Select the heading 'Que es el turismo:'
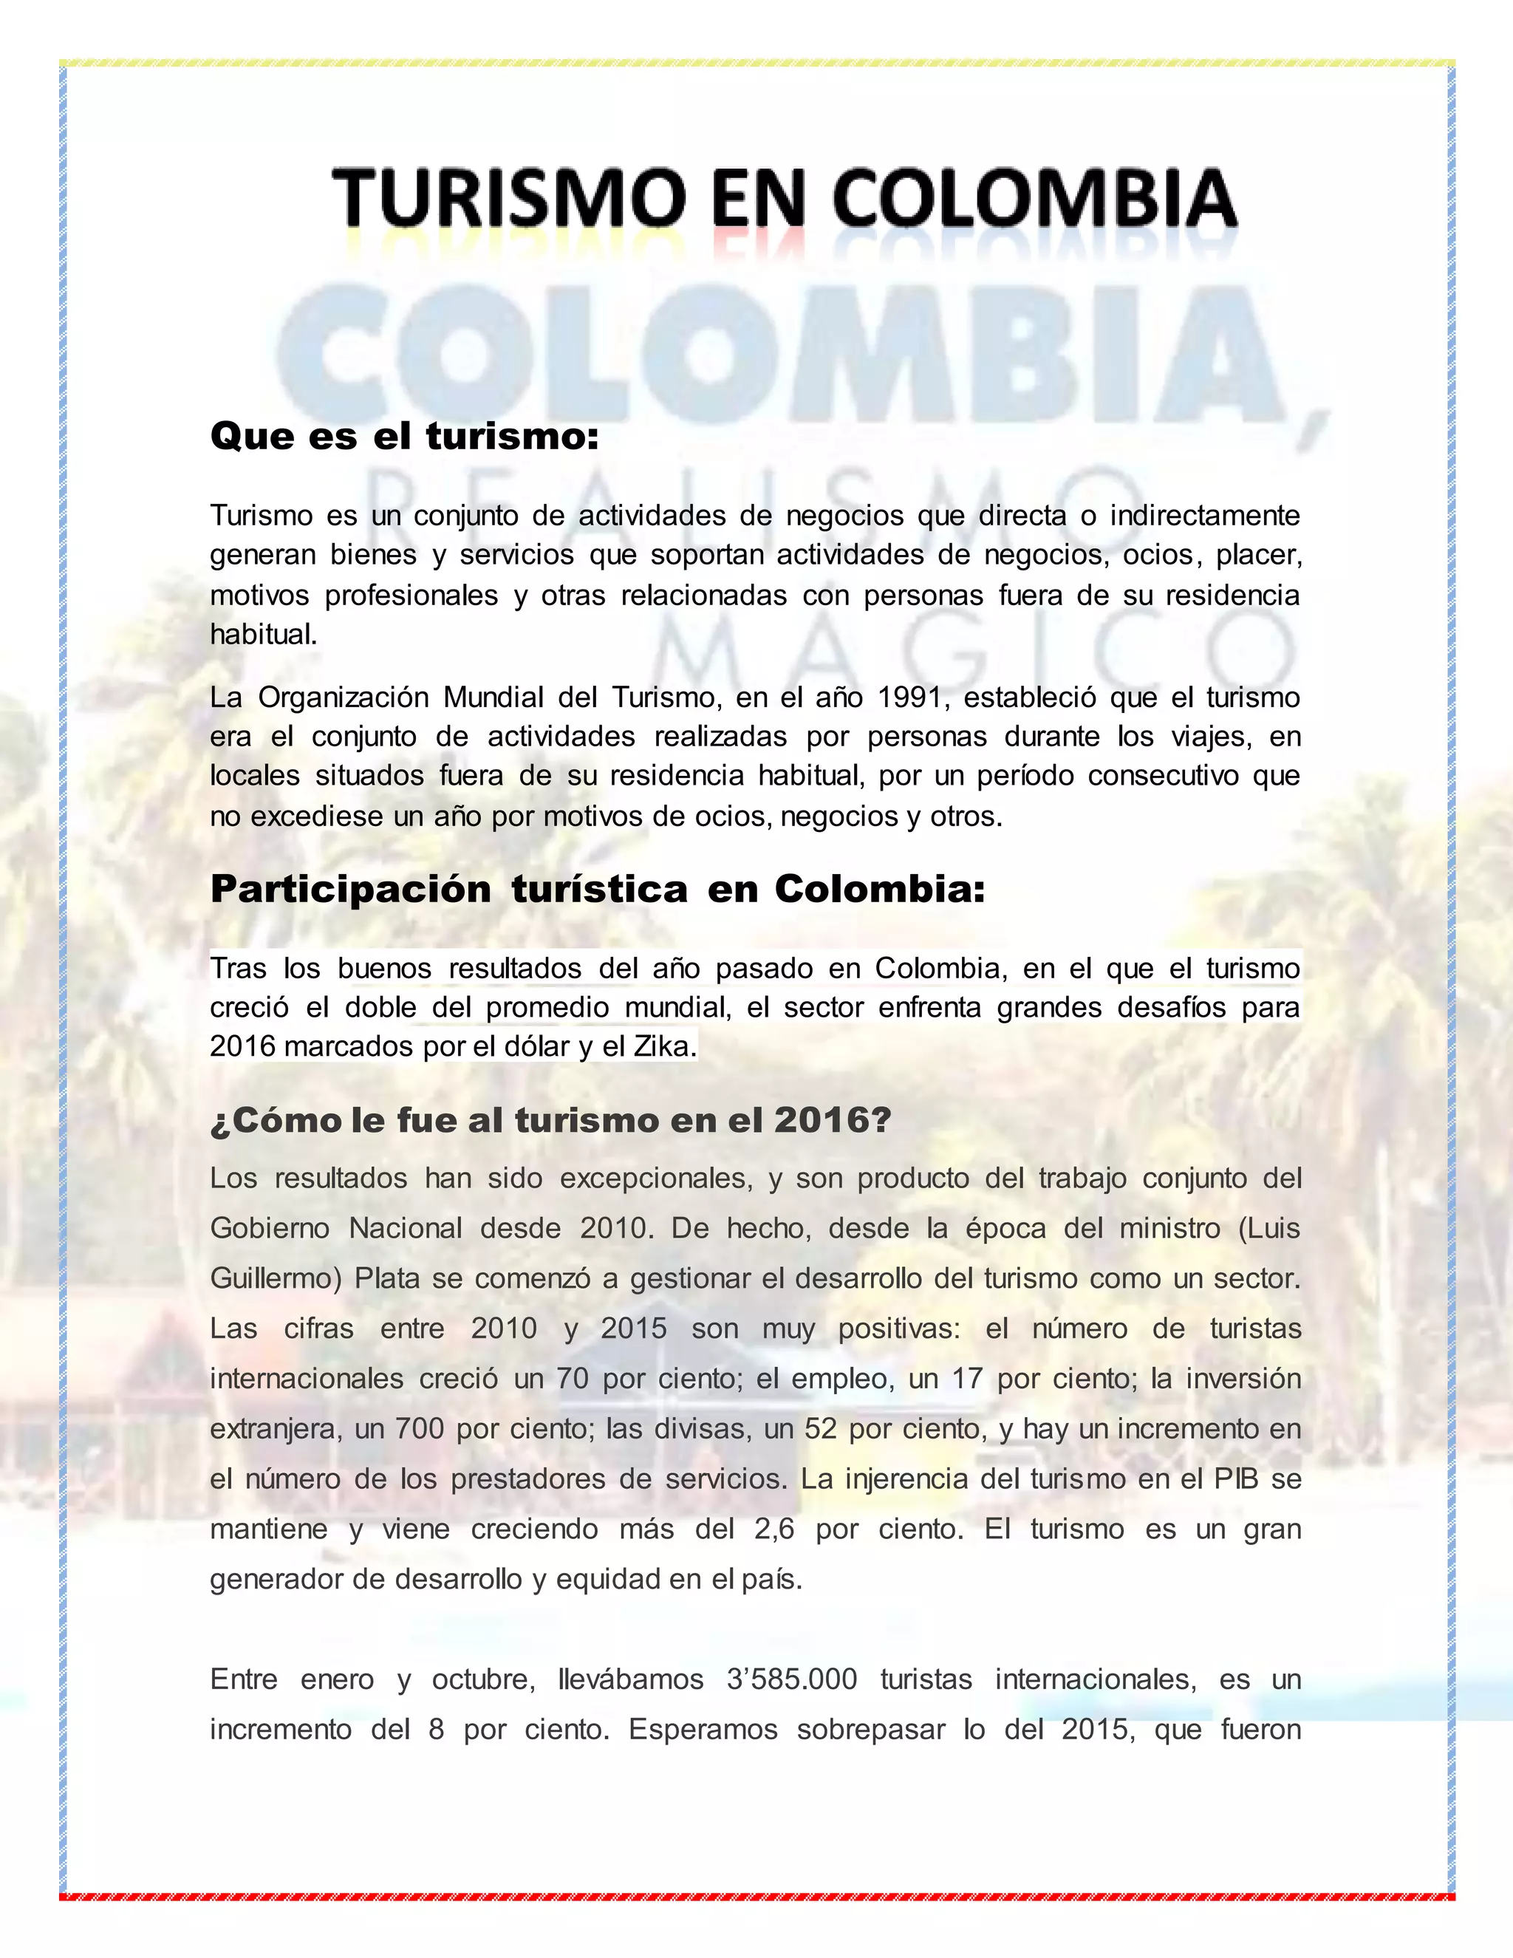(404, 437)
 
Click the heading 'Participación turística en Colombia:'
(597, 890)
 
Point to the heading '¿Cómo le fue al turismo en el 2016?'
(550, 1121)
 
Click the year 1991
(909, 697)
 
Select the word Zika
(664, 1046)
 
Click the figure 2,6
(774, 1529)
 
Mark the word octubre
(483, 1679)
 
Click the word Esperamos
(703, 1730)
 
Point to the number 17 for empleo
(967, 1379)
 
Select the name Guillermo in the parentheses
(275, 1278)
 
